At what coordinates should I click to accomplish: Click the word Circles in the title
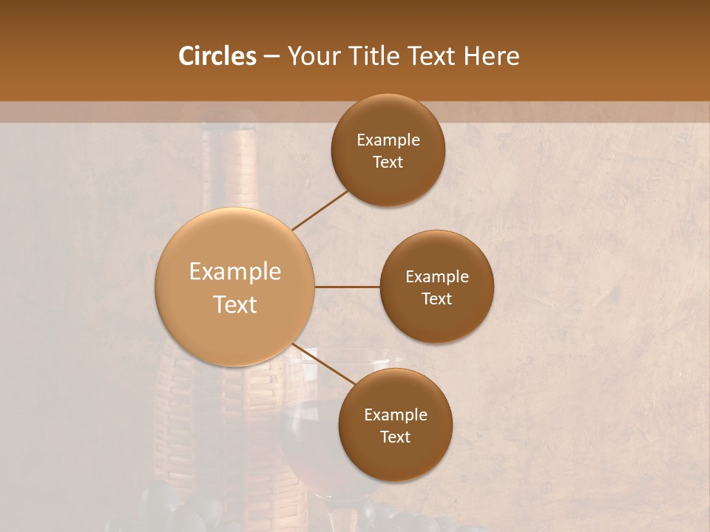point(217,56)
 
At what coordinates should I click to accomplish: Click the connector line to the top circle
point(321,210)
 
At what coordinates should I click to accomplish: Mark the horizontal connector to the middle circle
point(347,287)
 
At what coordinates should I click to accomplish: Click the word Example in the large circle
point(235,272)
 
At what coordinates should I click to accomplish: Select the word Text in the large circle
point(235,304)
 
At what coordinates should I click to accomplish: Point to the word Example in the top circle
point(388,140)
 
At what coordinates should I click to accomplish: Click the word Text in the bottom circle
point(395,437)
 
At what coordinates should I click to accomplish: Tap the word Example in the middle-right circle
point(436,277)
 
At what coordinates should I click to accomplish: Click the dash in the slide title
point(271,57)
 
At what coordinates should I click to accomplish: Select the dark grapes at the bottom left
point(177,510)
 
